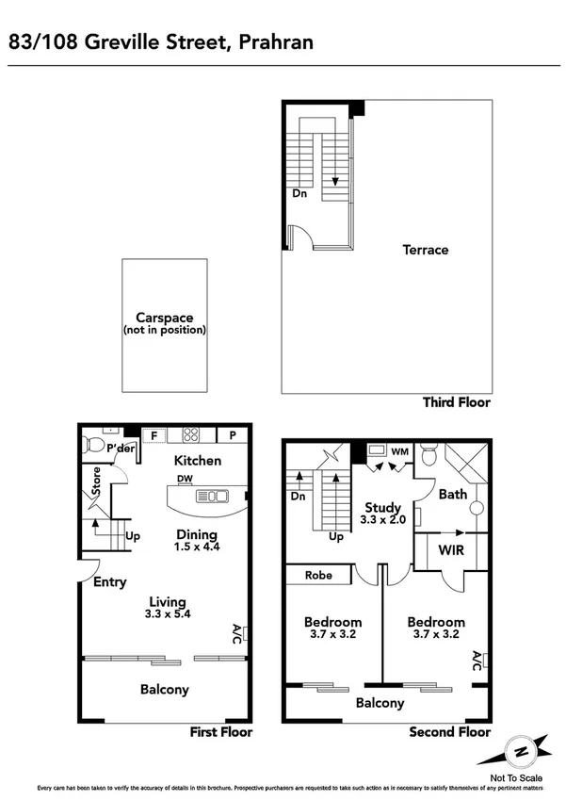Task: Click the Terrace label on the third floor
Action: pos(425,250)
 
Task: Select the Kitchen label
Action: pos(198,461)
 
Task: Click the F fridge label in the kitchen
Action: pos(154,435)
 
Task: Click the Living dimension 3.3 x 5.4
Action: pos(165,616)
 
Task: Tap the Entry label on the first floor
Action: pos(109,582)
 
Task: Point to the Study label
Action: pos(382,508)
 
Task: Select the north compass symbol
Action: pos(519,752)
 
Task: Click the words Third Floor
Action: pos(457,402)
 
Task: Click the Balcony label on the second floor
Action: pos(380,703)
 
